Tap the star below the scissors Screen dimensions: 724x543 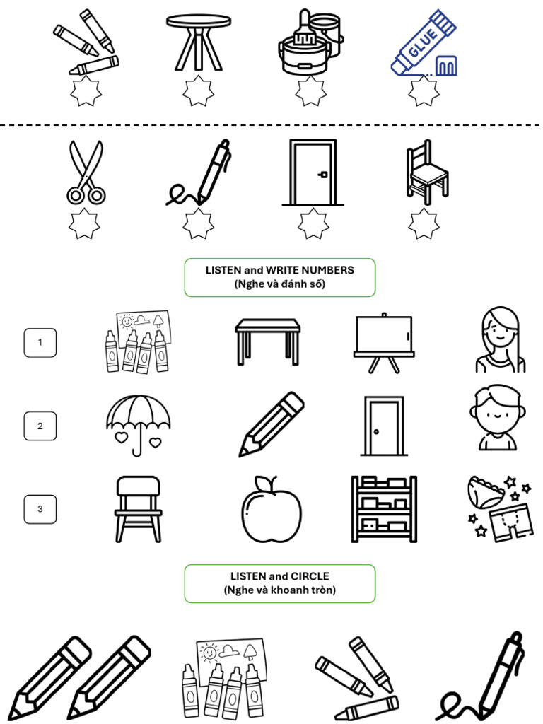click(85, 224)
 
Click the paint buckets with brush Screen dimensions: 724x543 click(309, 43)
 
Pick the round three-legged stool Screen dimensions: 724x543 click(198, 42)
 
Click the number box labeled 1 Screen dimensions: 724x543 click(40, 343)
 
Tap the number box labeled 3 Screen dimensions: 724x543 click(40, 509)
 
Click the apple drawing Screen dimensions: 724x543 click(271, 509)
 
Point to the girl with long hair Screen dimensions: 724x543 click(500, 340)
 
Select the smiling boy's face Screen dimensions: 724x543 click(497, 417)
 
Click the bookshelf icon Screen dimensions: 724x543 click(383, 509)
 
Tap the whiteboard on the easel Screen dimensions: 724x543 click(383, 338)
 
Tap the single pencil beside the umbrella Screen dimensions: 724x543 click(271, 424)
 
